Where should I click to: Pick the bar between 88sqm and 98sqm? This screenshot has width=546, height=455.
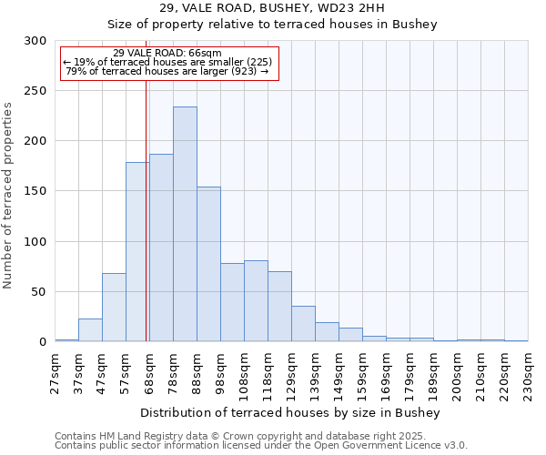click(208, 264)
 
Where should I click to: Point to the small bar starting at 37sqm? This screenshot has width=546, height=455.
click(90, 330)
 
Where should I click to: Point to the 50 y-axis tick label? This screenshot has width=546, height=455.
click(39, 292)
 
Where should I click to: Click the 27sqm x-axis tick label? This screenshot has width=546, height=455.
click(56, 371)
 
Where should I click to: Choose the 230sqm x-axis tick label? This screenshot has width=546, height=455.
click(529, 371)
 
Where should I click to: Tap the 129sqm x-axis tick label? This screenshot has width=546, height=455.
click(292, 371)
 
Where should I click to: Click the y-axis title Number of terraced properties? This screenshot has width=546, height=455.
click(8, 195)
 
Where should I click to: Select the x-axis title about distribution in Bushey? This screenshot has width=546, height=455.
click(291, 413)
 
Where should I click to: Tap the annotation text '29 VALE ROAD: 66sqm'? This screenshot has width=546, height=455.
click(167, 53)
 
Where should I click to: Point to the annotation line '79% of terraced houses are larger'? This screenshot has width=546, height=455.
click(167, 71)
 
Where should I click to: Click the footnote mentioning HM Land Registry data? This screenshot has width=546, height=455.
click(259, 436)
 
